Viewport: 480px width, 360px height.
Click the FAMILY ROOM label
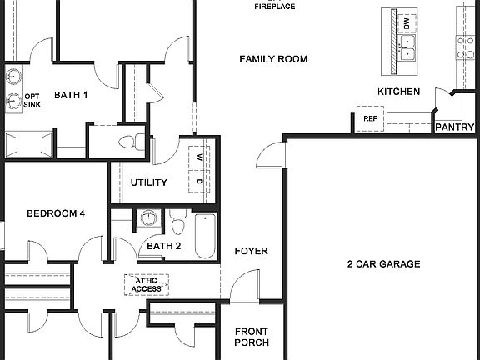[x=273, y=59]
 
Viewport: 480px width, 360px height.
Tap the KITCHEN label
[x=398, y=92]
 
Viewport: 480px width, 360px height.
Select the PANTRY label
[x=455, y=127]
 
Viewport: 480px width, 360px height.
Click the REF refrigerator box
[x=370, y=118]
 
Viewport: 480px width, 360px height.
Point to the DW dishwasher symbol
[x=406, y=23]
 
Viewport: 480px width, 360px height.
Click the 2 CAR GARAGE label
[x=383, y=264]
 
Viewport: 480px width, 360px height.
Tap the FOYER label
[x=250, y=251]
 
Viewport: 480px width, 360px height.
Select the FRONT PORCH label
[x=251, y=337]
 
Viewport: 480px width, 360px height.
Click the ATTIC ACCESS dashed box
[x=147, y=285]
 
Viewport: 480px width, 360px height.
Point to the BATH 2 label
[x=164, y=246]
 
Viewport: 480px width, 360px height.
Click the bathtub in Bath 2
[x=204, y=236]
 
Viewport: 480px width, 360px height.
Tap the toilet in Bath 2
[x=177, y=224]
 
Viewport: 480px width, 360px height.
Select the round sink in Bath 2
[x=148, y=218]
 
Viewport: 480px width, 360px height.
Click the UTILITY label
[x=149, y=182]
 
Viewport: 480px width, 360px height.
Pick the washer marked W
[x=200, y=157]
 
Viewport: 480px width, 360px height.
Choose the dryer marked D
[x=200, y=180]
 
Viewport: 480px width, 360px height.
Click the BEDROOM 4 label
[x=56, y=213]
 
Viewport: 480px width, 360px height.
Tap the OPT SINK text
[x=32, y=100]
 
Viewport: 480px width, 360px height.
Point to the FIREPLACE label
[x=274, y=7]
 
